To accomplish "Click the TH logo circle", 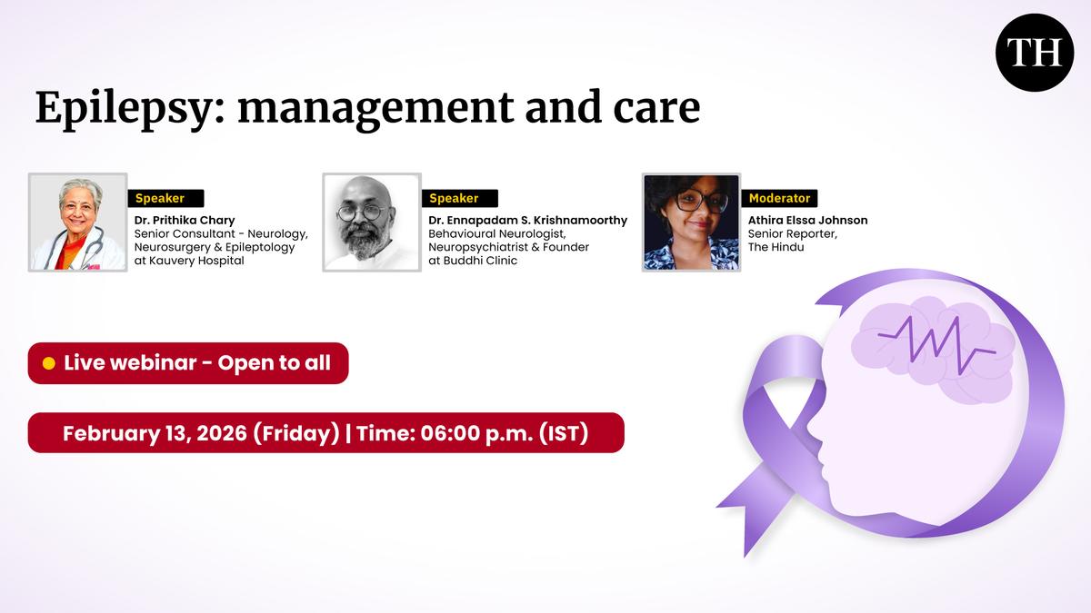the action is click(1035, 52).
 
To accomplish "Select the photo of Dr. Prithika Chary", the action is click(78, 222).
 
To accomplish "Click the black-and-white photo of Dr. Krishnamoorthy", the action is click(372, 222).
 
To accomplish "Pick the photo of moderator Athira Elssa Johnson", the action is click(691, 222).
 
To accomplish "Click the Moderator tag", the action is click(779, 198).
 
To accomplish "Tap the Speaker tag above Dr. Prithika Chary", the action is click(165, 198).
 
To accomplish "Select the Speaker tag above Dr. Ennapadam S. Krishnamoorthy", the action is click(460, 198).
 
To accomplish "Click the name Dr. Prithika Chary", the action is click(185, 221).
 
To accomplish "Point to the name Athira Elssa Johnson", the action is click(807, 221).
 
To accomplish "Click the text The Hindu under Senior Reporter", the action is click(776, 247).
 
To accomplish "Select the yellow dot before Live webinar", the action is click(49, 363).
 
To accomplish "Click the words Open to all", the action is click(275, 363).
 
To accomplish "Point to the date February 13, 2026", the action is click(155, 433).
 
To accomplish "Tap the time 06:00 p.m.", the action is click(476, 433).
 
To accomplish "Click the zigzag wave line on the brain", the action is click(936, 346).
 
